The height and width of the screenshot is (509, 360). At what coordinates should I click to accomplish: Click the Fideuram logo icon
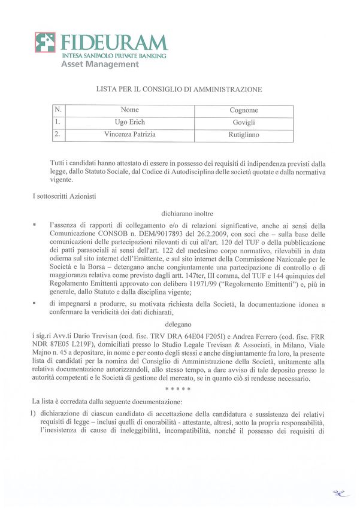(45, 43)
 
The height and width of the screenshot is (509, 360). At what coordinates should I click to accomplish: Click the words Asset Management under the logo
(99, 64)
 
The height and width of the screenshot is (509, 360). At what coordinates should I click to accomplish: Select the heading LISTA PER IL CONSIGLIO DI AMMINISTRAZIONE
(179, 89)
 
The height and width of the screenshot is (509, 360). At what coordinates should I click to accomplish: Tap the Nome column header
(129, 110)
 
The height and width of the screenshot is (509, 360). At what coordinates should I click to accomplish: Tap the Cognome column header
(244, 110)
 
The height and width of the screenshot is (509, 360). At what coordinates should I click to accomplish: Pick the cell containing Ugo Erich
(129, 122)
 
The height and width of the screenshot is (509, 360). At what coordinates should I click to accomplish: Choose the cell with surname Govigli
(244, 122)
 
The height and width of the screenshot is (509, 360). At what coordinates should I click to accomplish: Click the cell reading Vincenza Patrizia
(129, 135)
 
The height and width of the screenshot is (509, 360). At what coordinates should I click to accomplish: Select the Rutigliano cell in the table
(244, 135)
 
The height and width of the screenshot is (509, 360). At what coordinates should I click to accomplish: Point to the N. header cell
(58, 110)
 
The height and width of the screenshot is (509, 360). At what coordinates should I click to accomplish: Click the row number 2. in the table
(58, 135)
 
